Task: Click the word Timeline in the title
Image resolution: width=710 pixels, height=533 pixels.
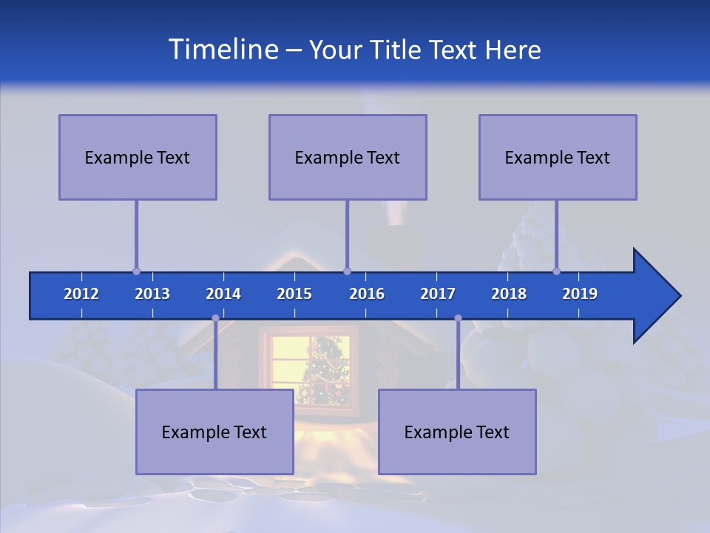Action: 222,50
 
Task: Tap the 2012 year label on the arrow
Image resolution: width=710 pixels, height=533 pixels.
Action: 81,294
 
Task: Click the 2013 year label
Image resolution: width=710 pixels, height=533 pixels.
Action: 152,294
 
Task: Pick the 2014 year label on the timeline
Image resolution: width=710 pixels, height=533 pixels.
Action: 223,294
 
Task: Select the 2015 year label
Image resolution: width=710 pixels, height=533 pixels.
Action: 294,294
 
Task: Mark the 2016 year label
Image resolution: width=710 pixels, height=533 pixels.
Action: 367,294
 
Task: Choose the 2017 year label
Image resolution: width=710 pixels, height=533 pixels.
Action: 438,294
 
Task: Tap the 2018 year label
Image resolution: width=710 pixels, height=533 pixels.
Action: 509,294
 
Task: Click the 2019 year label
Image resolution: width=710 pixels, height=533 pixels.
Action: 580,294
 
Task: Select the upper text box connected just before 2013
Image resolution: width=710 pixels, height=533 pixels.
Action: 138,157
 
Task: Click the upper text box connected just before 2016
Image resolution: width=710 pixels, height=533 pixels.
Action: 348,157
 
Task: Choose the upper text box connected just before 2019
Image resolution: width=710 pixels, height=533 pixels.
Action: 558,157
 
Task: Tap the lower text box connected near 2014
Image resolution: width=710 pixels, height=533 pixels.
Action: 214,432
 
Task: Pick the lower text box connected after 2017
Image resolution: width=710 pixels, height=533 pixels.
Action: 457,432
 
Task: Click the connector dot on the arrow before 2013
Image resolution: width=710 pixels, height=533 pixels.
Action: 136,271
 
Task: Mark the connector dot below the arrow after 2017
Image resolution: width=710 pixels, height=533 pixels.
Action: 458,318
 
